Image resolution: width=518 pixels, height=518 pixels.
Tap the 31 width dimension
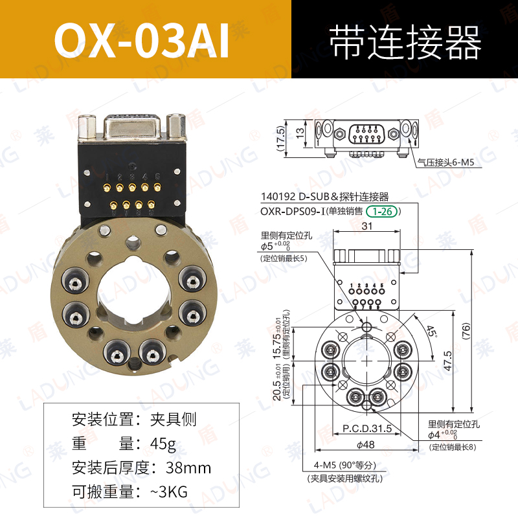point(366,226)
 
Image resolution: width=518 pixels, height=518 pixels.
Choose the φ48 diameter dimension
point(366,444)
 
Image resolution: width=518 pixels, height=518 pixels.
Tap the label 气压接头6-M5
point(446,164)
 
